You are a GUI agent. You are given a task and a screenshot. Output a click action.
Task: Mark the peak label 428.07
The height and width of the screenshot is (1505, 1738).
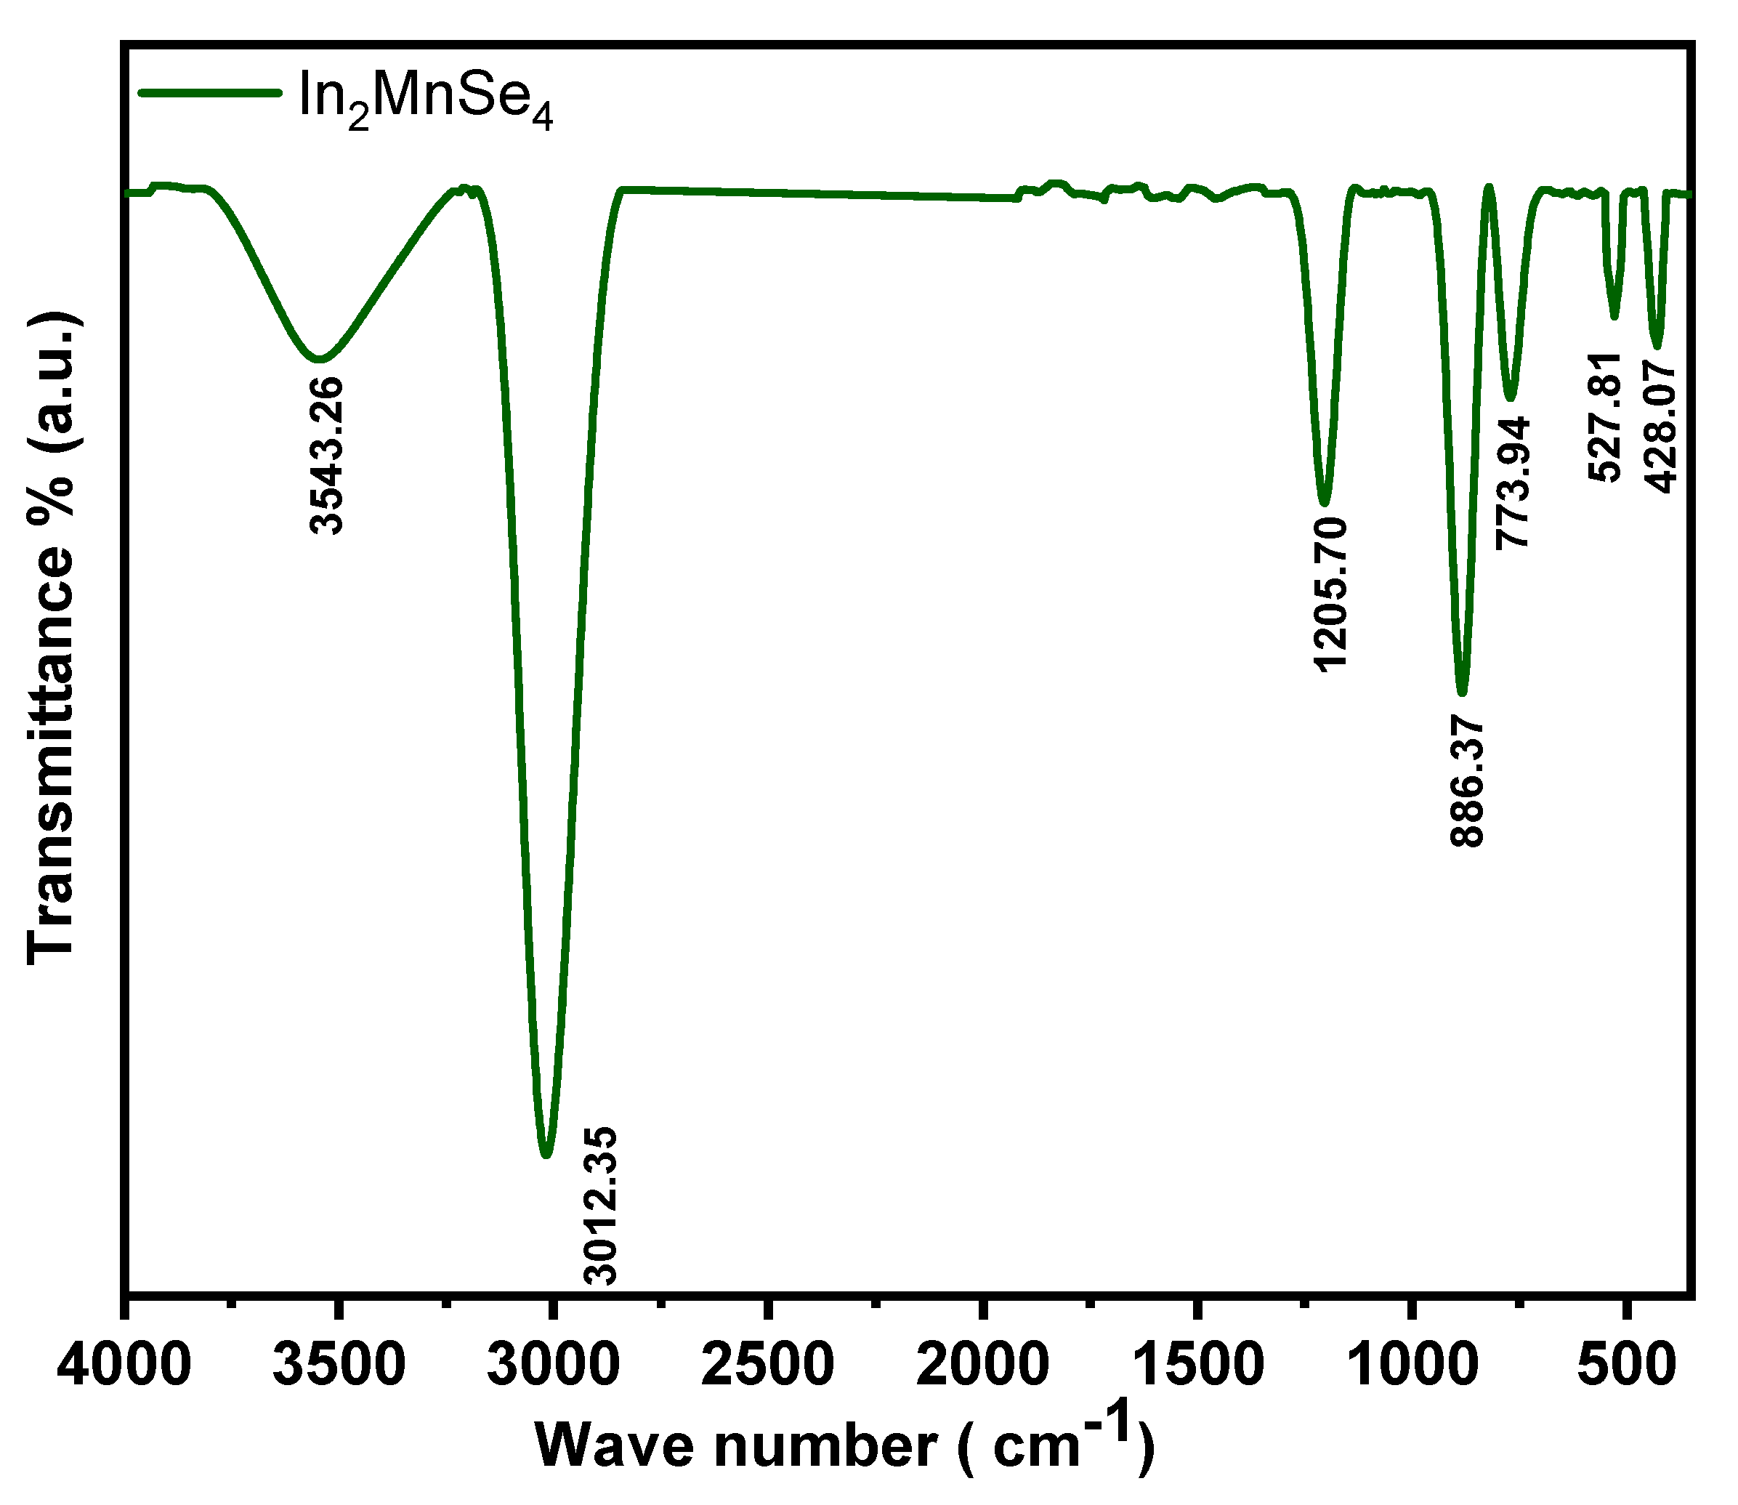point(1661,427)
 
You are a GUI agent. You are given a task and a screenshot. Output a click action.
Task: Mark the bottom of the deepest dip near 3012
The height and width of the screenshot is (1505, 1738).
point(546,1155)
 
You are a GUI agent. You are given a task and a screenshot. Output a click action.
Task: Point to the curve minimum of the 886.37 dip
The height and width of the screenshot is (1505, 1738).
point(1462,693)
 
